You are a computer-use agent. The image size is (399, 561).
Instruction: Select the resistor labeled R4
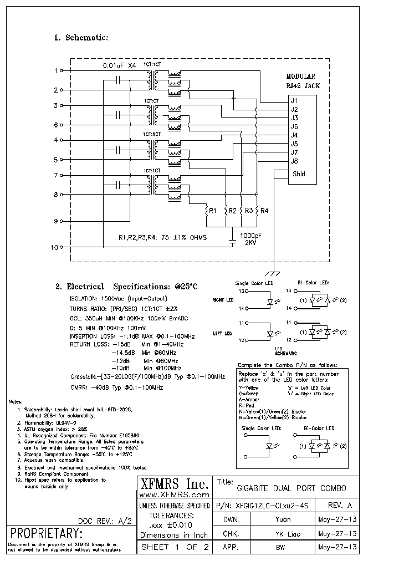click(258, 211)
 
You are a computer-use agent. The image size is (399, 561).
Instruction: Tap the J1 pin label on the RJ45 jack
click(294, 101)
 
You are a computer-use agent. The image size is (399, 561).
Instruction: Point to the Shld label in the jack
click(298, 174)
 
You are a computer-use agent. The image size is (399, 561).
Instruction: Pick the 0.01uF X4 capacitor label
click(119, 65)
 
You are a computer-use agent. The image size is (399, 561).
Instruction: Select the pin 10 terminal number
click(54, 247)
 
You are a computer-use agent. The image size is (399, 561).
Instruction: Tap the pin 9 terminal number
click(55, 221)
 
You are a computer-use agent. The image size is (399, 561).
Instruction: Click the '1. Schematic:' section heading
click(80, 38)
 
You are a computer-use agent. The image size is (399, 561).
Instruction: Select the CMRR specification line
click(116, 387)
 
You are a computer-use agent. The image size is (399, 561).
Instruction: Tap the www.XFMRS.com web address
click(173, 494)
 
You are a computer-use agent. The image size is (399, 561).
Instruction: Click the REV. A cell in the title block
click(340, 506)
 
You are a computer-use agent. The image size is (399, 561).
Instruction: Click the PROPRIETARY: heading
click(46, 534)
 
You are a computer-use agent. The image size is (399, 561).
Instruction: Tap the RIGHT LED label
click(223, 299)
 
